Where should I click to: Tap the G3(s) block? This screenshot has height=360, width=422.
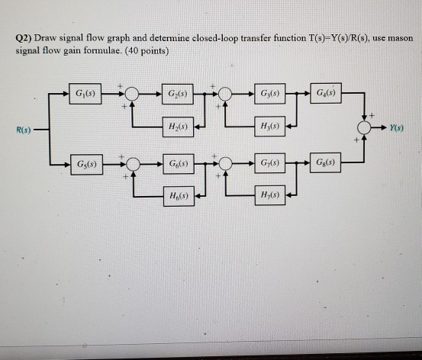(x=269, y=93)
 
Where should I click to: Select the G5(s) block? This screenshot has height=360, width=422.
(x=85, y=163)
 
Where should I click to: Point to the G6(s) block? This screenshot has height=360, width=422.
(x=177, y=163)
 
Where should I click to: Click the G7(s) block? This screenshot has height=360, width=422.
(x=269, y=163)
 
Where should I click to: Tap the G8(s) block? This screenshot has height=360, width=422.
(x=330, y=163)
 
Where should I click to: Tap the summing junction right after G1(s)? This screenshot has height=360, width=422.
(x=133, y=93)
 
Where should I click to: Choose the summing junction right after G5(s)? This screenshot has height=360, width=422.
(x=133, y=163)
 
